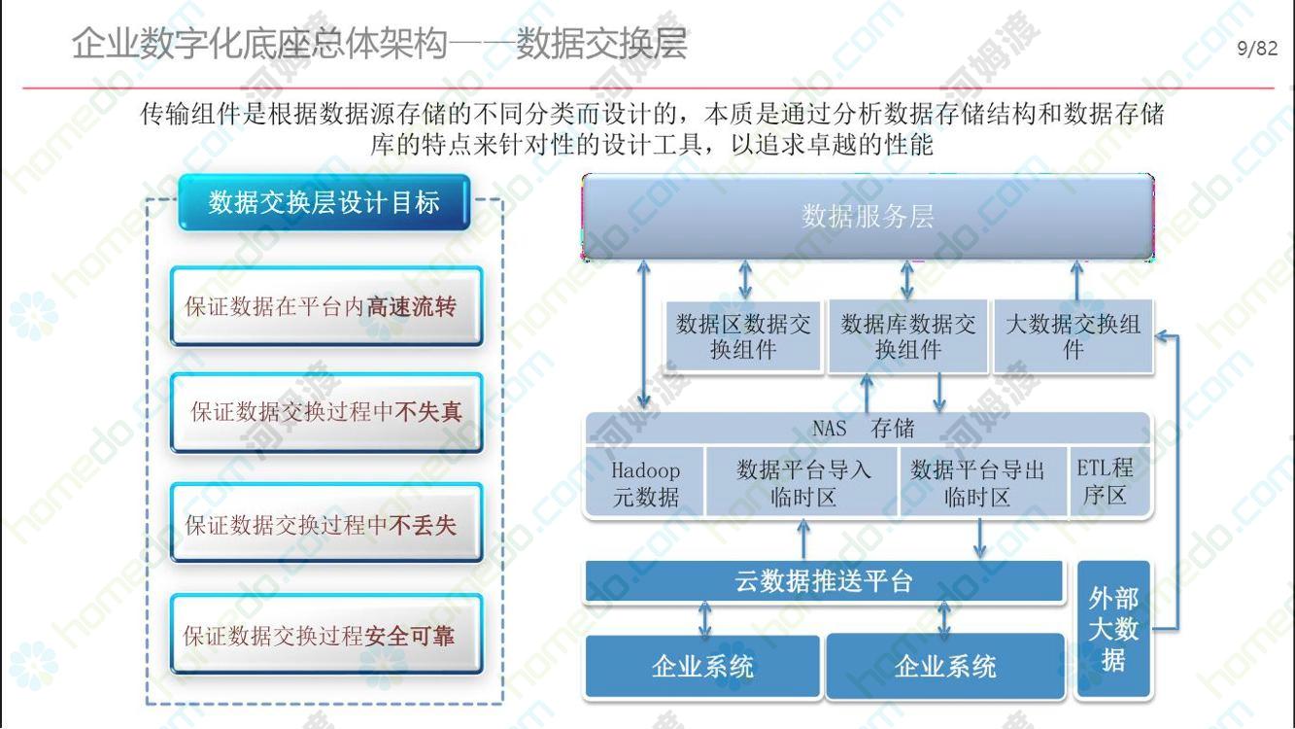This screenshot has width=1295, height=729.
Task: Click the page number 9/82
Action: (x=1257, y=48)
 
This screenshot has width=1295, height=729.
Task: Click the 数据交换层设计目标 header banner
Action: (x=324, y=202)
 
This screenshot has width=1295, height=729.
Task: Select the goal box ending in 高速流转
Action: (x=326, y=306)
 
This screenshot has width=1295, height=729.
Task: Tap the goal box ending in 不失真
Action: (x=326, y=412)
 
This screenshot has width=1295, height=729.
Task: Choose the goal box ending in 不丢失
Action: (x=326, y=523)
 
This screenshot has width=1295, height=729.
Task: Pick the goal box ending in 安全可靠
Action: (x=326, y=635)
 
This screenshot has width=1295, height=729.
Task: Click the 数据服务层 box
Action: (x=868, y=217)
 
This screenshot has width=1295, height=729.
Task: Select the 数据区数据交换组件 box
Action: (x=743, y=336)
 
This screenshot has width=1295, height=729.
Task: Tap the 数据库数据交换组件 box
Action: (x=908, y=336)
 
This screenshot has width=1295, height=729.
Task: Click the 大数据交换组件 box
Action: (x=1073, y=336)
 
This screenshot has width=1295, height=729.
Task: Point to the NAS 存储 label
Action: (x=863, y=429)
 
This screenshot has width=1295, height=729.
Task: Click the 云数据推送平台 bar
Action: (x=824, y=581)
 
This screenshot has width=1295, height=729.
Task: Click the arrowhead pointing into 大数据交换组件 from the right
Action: (x=1161, y=335)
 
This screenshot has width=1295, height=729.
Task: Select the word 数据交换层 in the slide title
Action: (x=601, y=44)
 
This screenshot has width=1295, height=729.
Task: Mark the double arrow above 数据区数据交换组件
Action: (x=745, y=280)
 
